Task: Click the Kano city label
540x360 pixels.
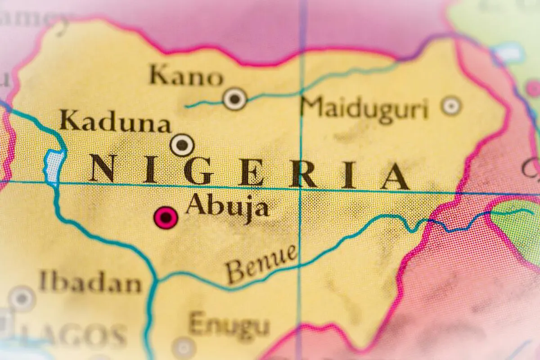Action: pyautogui.click(x=186, y=76)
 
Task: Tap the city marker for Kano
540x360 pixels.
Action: pyautogui.click(x=235, y=99)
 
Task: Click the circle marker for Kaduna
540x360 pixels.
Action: pyautogui.click(x=182, y=145)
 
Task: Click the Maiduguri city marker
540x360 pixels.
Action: pyautogui.click(x=451, y=106)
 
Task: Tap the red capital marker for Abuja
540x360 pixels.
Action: pyautogui.click(x=166, y=218)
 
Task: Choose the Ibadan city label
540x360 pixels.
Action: pyautogui.click(x=90, y=283)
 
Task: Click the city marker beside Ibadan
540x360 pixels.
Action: pyautogui.click(x=22, y=298)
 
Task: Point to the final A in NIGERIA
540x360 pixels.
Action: pyautogui.click(x=395, y=176)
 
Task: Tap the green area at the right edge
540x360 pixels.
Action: pyautogui.click(x=517, y=234)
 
